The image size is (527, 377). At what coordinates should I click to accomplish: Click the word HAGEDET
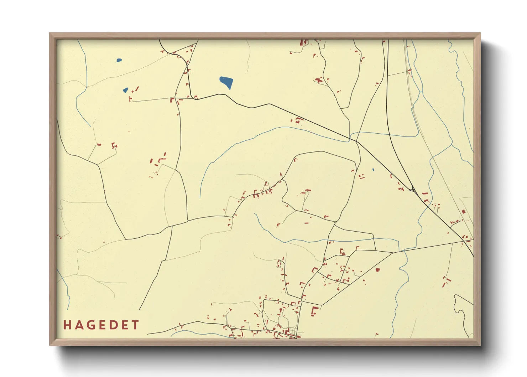[x=101, y=325]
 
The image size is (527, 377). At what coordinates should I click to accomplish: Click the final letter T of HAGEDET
[x=135, y=325]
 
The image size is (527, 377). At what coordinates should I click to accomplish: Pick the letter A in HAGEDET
[x=79, y=325]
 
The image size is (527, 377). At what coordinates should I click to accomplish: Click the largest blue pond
[x=226, y=82]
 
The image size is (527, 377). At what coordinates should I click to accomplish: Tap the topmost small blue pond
[x=119, y=60]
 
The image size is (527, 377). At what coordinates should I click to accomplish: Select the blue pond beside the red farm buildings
[x=125, y=90]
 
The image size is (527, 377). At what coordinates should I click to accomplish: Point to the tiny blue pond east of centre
[x=373, y=170]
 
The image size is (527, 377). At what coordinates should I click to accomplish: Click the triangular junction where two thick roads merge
[x=412, y=189]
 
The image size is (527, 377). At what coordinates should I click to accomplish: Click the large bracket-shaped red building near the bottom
[x=314, y=311]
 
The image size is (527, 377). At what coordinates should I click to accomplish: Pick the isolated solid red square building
[x=377, y=270]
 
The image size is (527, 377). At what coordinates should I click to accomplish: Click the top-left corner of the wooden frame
[x=50, y=33]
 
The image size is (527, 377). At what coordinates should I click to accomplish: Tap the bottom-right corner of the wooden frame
[x=480, y=345]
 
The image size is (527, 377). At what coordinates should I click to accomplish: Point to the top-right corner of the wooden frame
[x=480, y=33]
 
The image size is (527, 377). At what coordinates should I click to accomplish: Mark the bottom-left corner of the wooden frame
[x=50, y=345]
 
